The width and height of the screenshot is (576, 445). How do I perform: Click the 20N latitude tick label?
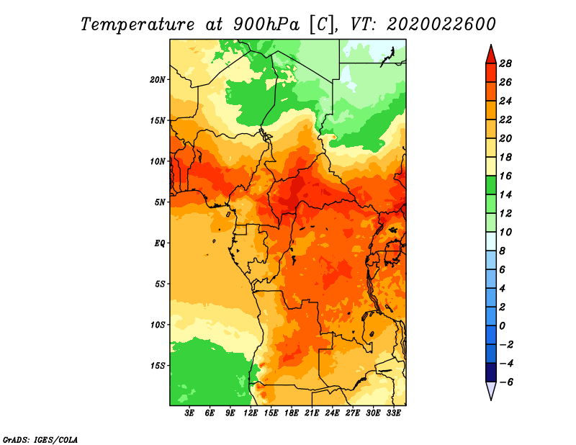point(157,80)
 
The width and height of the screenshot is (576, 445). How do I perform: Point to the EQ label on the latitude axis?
point(159,243)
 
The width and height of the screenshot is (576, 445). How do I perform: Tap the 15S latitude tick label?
point(158,366)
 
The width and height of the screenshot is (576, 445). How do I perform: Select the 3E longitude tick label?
point(189,413)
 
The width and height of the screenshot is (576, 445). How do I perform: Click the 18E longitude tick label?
point(292,413)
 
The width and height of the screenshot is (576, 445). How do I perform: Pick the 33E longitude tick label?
point(393,413)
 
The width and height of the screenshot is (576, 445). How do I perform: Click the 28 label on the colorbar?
point(505,64)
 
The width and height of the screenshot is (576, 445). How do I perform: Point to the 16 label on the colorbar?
point(505,176)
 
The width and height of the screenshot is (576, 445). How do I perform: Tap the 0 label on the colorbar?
point(503,326)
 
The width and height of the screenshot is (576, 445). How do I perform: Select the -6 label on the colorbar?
point(506,382)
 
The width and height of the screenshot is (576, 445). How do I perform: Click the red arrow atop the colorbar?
point(491,55)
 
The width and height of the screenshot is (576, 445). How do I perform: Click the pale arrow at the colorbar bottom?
point(491,391)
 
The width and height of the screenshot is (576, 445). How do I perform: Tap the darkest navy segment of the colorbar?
point(491,372)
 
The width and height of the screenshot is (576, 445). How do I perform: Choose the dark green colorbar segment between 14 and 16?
point(491,186)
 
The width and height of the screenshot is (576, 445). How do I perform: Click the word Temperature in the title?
point(138,24)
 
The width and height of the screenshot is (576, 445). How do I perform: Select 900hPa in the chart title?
point(266,24)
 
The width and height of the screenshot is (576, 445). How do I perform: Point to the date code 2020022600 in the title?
point(441,24)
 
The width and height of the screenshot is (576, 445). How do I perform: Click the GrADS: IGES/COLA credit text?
point(40,440)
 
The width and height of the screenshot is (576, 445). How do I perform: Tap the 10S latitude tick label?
point(158,325)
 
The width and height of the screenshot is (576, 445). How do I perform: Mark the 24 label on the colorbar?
point(505,102)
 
